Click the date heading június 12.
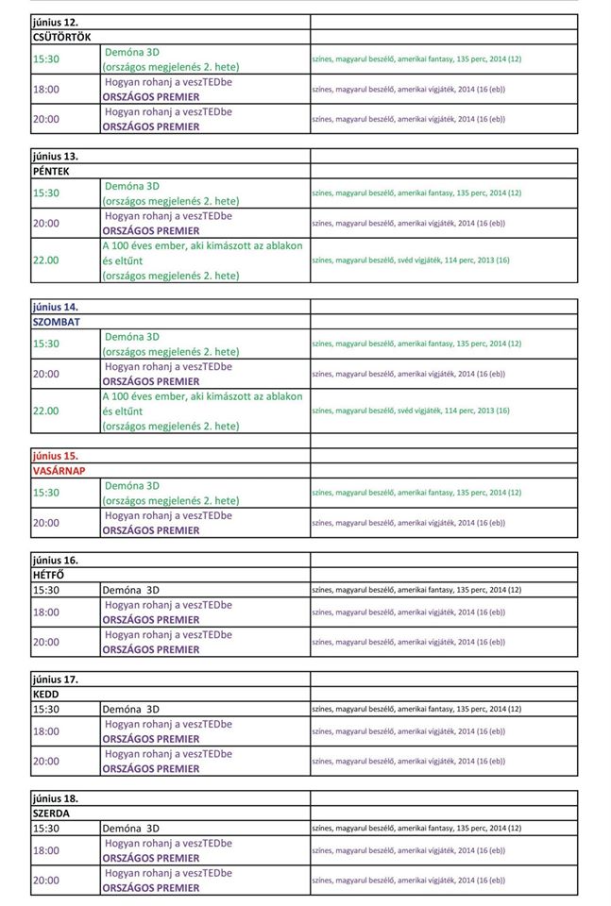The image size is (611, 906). point(55,22)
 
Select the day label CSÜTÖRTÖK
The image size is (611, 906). point(61,37)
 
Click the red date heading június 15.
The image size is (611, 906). point(55,455)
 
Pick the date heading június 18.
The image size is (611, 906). point(55,797)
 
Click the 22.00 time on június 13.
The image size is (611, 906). point(45,260)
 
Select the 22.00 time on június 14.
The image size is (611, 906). point(45,411)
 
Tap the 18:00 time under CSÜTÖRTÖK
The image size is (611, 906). point(45,89)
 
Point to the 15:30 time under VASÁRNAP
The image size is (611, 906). point(45,492)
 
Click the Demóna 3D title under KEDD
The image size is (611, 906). point(130,709)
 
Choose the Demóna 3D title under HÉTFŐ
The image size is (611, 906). point(130,590)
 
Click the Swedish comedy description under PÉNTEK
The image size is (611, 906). point(411,260)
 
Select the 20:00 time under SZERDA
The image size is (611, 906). point(45,880)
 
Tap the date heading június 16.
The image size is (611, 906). point(55,560)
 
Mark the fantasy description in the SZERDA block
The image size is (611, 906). point(416,828)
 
